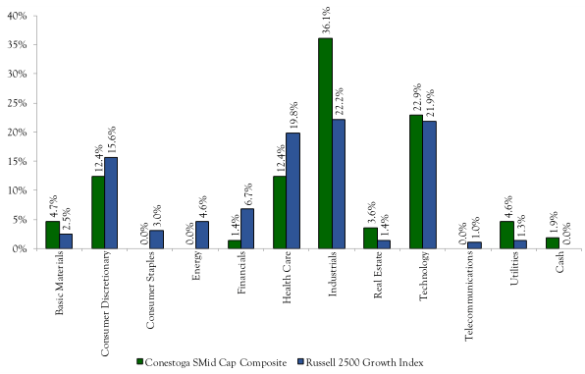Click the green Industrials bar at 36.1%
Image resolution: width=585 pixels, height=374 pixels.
point(325,143)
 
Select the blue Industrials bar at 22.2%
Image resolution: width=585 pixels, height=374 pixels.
point(339,184)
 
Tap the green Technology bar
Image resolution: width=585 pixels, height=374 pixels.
point(416,182)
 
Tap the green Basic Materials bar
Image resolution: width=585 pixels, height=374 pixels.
point(51,235)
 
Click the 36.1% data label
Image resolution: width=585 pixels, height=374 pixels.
point(326,20)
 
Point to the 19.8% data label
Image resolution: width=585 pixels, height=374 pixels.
point(292,114)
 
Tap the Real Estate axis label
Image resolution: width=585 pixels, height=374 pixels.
point(377,278)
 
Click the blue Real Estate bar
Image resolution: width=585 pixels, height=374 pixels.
point(384,244)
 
